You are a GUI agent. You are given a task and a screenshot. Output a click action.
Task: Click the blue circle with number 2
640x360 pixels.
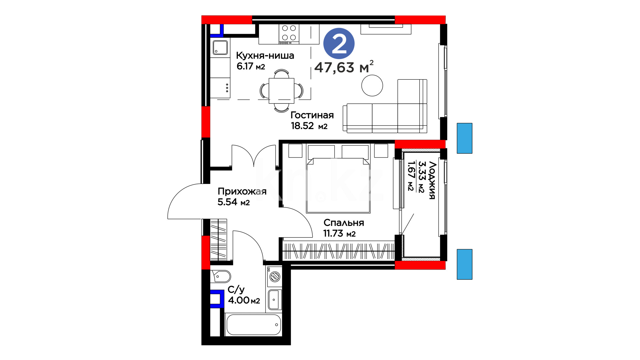[x=339, y=44]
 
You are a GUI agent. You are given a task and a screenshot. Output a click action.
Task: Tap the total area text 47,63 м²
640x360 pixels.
[x=344, y=67]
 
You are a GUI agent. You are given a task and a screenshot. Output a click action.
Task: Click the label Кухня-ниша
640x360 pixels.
[x=265, y=56]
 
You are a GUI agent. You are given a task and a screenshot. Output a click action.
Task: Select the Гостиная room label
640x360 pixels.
[x=312, y=115]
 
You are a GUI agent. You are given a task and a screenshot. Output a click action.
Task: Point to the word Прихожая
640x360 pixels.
[x=242, y=191]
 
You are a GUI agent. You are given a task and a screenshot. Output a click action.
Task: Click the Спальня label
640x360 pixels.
[x=344, y=223]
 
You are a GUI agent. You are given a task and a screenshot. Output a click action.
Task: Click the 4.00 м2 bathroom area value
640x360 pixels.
[x=244, y=300]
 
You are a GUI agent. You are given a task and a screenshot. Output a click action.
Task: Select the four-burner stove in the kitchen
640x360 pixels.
[x=289, y=34]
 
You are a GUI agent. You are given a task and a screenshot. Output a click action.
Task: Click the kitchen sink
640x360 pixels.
[x=220, y=47]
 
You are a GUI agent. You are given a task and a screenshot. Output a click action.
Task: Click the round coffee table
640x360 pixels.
[x=372, y=86]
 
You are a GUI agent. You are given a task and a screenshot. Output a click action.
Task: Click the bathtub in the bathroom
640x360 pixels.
[x=254, y=325]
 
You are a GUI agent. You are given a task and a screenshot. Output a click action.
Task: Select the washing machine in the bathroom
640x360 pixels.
[x=274, y=276]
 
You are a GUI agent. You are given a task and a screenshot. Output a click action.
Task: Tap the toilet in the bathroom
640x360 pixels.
[x=220, y=276]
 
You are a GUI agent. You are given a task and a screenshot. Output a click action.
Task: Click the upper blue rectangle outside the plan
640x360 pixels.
[x=464, y=138]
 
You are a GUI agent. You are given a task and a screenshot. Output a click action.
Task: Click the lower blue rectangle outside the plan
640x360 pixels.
[x=464, y=264]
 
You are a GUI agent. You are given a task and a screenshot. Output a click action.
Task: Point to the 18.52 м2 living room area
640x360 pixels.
[x=309, y=126]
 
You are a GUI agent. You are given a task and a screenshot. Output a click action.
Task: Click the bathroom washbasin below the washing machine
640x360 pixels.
[x=274, y=299]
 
